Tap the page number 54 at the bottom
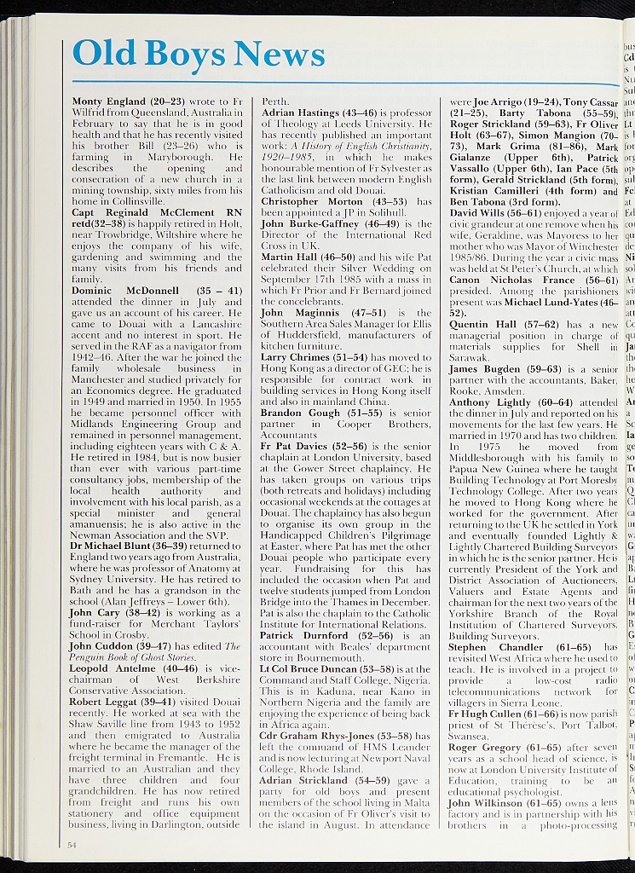click(x=72, y=843)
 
